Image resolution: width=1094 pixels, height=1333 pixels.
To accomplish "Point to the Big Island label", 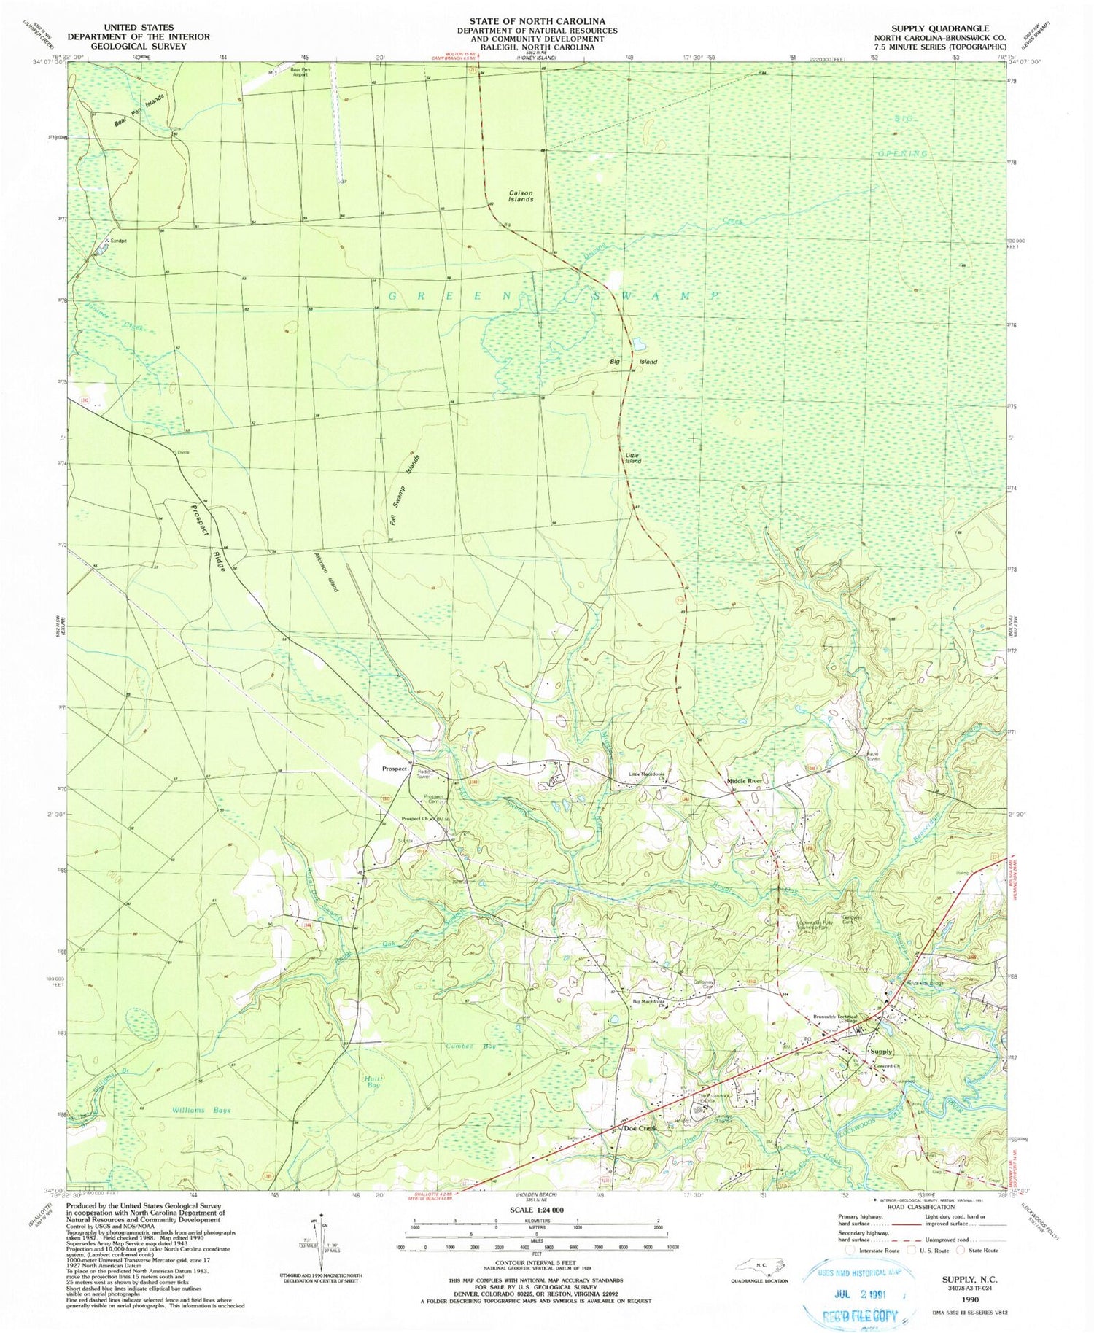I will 634,362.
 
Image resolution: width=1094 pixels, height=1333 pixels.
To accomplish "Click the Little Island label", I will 633,458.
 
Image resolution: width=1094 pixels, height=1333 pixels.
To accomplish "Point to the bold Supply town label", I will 881,1052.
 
